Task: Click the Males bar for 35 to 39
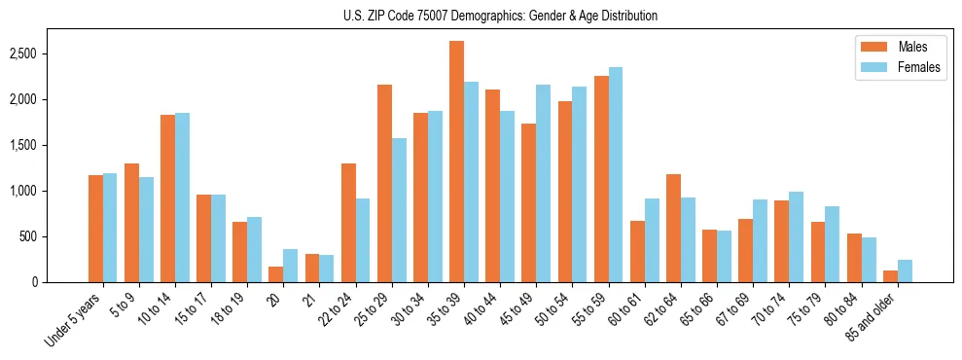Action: pyautogui.click(x=456, y=162)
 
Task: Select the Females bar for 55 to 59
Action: pyautogui.click(x=616, y=175)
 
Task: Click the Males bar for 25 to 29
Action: pyautogui.click(x=384, y=184)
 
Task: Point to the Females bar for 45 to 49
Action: pyautogui.click(x=543, y=184)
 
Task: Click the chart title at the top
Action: pyautogui.click(x=500, y=16)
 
